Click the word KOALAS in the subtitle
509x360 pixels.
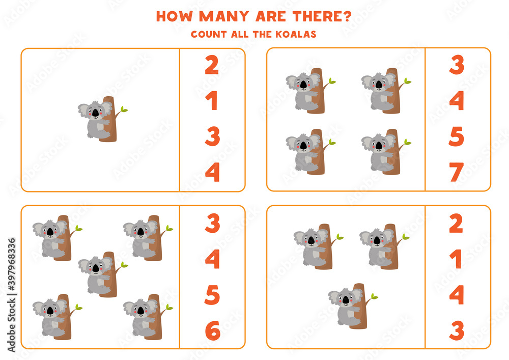tap(297, 34)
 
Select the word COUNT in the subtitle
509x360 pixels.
tap(206, 34)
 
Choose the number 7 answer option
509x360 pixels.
tap(457, 173)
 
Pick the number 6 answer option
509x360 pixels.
tap(212, 331)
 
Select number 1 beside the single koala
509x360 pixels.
tap(212, 101)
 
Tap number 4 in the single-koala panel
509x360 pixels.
tap(212, 173)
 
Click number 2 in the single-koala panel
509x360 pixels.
tap(212, 66)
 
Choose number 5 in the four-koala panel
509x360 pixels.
tap(457, 137)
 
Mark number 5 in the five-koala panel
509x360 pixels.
tap(212, 295)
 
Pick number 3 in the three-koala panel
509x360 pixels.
tap(457, 331)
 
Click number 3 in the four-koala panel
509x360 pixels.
tap(457, 66)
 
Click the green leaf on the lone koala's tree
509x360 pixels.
tap(124, 109)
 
